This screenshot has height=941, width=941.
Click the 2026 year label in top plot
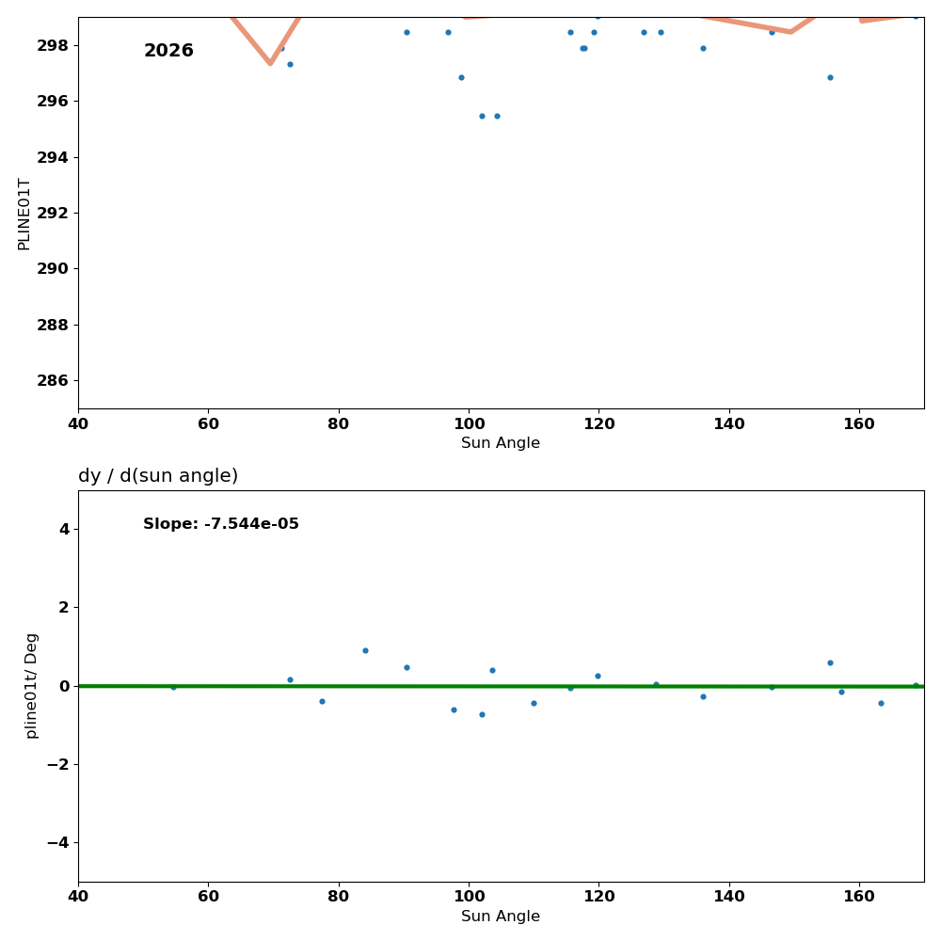click(168, 51)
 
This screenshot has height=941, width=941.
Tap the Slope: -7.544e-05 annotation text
click(221, 524)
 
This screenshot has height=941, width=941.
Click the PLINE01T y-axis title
click(24, 214)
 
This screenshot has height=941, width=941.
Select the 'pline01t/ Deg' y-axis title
click(31, 685)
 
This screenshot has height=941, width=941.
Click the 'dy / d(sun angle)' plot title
click(158, 476)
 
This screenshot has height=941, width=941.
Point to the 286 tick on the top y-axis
click(56, 380)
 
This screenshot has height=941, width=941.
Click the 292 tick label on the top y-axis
click(56, 213)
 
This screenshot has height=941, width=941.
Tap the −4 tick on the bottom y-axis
click(58, 842)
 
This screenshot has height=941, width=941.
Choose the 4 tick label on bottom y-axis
click(64, 529)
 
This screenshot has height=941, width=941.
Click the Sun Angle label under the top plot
click(501, 443)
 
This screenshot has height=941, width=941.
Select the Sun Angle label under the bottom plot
click(501, 917)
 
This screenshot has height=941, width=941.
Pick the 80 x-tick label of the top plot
click(339, 423)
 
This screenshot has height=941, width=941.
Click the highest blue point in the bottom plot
click(365, 650)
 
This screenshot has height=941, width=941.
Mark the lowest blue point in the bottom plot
click(482, 714)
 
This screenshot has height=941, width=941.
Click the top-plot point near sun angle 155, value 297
click(830, 77)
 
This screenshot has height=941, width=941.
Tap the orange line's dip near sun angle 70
click(270, 62)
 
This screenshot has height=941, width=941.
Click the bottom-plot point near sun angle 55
click(173, 687)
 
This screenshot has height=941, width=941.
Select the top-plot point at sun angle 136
click(703, 48)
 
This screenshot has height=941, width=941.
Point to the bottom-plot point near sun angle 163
click(881, 703)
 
